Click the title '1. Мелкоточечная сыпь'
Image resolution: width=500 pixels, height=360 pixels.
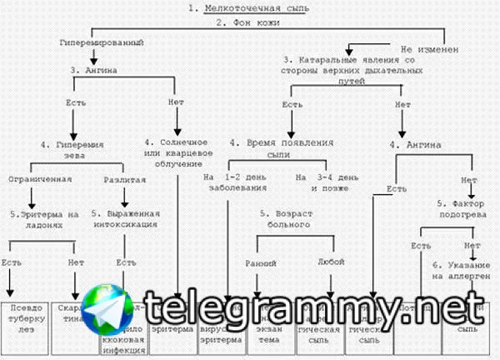pyautogui.click(x=248, y=8)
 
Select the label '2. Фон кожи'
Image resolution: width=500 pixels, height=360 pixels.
pyautogui.click(x=247, y=22)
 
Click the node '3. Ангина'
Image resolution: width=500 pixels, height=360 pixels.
pyautogui.click(x=93, y=72)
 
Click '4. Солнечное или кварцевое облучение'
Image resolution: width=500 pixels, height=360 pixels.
pyautogui.click(x=177, y=150)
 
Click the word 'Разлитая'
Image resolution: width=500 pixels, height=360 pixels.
pyautogui.click(x=125, y=179)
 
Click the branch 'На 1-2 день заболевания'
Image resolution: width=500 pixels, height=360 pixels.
pyautogui.click(x=235, y=182)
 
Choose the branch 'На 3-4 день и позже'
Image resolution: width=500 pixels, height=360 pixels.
pyautogui.click(x=329, y=182)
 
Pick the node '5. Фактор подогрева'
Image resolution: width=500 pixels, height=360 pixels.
pyautogui.click(x=458, y=208)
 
